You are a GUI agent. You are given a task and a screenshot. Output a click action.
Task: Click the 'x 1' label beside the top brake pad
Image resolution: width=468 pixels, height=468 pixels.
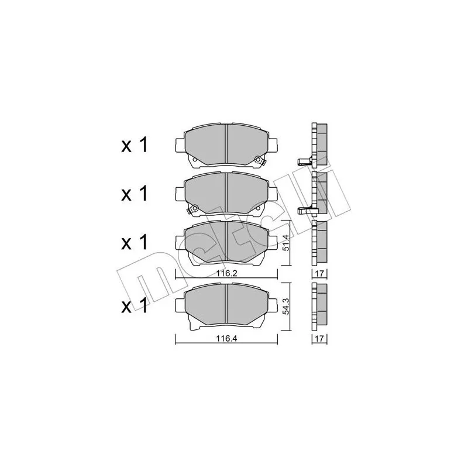[x=134, y=146]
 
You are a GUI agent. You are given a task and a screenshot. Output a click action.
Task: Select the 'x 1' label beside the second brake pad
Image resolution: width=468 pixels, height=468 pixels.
[x=134, y=194]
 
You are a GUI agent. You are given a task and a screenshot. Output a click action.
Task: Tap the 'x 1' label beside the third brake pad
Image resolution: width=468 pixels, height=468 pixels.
[x=134, y=242]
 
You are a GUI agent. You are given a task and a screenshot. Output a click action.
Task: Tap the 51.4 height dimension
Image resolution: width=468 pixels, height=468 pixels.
[x=286, y=242]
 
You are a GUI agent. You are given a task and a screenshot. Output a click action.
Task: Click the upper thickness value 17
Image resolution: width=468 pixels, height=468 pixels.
[x=320, y=273]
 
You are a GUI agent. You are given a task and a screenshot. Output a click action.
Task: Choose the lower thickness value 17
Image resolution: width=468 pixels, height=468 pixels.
[x=320, y=338]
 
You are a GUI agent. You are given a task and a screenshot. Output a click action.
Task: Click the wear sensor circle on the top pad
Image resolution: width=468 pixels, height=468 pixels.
[x=257, y=157]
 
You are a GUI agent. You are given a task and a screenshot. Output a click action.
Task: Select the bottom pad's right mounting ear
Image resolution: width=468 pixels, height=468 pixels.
[x=273, y=302]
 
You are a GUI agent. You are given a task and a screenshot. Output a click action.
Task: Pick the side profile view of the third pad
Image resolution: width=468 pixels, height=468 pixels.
[x=319, y=242]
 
